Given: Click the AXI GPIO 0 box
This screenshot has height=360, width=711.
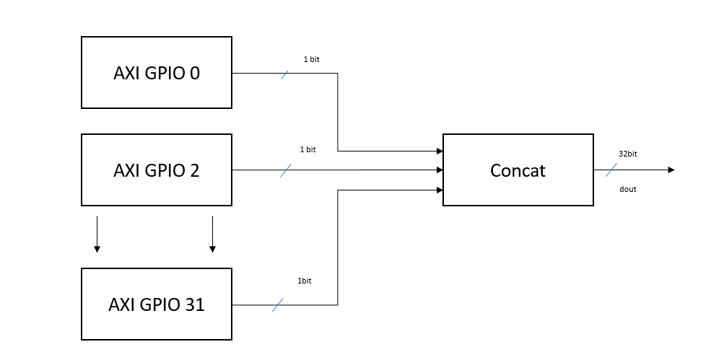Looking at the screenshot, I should click(x=157, y=73).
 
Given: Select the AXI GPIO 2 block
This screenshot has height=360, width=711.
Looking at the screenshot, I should click(x=157, y=170).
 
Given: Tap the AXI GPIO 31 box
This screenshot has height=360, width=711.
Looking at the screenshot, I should click(x=157, y=304).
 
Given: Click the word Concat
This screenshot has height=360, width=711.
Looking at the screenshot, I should click(x=518, y=171).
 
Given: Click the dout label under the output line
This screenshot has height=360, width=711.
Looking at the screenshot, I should click(x=627, y=190).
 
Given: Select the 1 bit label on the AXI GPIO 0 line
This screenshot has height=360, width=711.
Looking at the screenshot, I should click(x=311, y=59).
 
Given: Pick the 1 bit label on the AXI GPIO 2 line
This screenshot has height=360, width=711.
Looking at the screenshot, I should click(x=307, y=149).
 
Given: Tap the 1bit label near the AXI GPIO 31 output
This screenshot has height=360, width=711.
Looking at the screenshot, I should click(x=303, y=281).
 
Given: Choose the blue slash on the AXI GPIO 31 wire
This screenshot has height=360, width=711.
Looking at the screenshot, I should click(x=278, y=305).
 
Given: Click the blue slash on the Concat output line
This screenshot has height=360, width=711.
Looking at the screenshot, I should click(x=612, y=170).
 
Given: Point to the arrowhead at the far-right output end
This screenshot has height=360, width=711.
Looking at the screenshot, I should click(x=671, y=170).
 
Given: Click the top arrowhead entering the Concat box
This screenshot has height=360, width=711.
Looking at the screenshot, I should click(x=439, y=152).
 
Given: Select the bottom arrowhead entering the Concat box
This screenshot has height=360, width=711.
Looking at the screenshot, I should click(x=439, y=190).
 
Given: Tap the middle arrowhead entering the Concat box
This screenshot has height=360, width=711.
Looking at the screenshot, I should click(x=439, y=170).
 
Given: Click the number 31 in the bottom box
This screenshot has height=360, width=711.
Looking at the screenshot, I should click(x=194, y=304).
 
